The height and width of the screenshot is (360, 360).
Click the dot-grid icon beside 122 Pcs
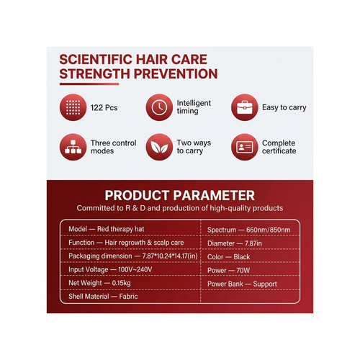coord(73,107)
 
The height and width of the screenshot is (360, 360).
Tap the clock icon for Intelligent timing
coord(159,107)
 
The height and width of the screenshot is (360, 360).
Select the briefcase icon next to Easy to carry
coord(245,107)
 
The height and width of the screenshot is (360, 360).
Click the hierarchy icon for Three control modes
coord(73,147)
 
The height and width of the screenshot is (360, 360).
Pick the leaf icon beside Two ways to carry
coord(159,147)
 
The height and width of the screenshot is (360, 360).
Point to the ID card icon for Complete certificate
coord(245,147)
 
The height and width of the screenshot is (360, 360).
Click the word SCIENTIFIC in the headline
coord(96,59)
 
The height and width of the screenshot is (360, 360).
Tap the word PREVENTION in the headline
coord(176,73)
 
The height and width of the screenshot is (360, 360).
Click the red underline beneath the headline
coord(89,84)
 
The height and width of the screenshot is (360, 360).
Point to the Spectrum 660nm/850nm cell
coord(249,230)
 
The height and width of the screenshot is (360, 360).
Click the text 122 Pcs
coord(104,107)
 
